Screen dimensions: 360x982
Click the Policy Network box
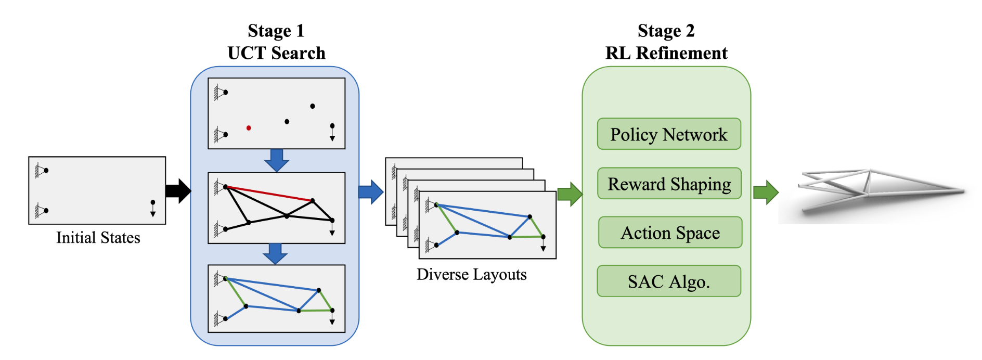669,134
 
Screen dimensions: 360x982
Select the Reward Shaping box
669,184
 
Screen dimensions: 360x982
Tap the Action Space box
670,233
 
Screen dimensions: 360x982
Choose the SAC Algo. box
669,281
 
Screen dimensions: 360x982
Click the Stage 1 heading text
276,31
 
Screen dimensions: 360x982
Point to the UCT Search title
276,53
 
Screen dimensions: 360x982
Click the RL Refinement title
666,53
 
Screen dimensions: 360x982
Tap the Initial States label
98,238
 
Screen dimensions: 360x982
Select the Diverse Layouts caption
471,274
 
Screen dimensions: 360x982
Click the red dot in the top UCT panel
249,128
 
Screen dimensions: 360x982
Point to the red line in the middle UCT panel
269,194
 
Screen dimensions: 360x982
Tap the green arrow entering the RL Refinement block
570,194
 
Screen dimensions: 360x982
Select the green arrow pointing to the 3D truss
765,192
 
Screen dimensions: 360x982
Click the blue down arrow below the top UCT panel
277,160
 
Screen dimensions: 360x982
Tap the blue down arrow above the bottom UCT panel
275,253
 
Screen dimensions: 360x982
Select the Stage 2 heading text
666,31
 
